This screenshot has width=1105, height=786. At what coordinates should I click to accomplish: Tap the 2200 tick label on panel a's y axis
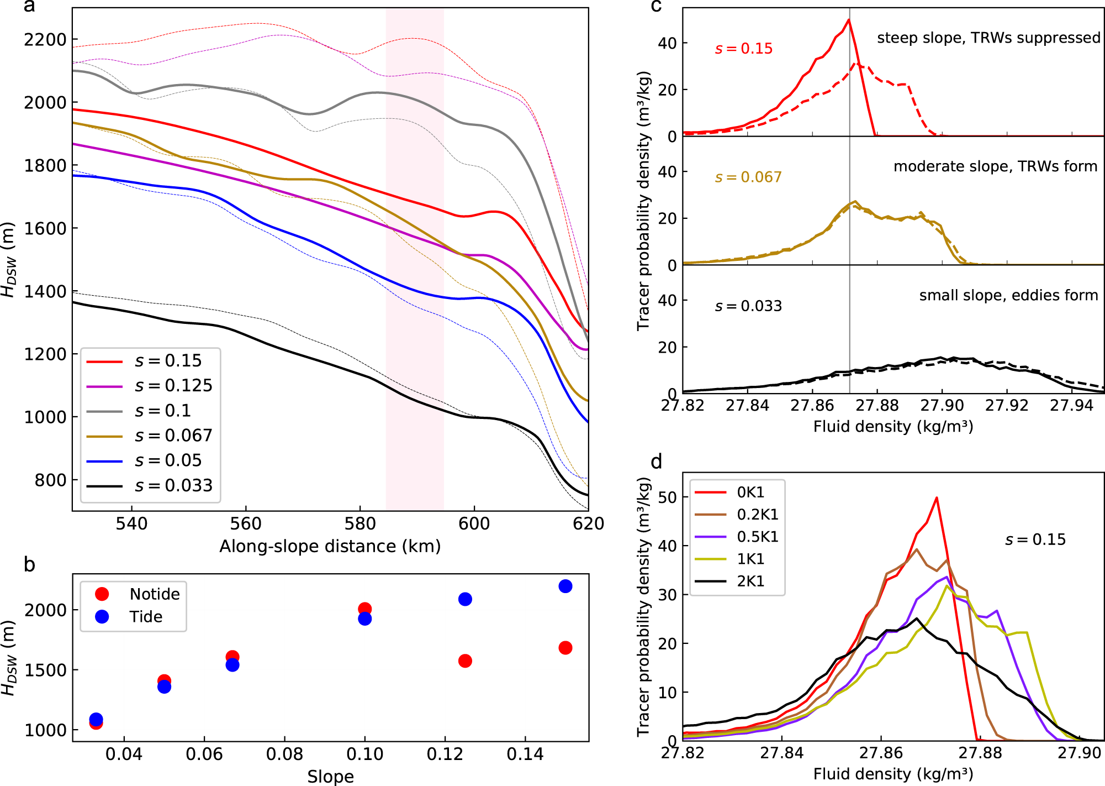(45, 40)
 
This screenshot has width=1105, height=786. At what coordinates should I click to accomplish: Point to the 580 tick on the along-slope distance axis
(359, 523)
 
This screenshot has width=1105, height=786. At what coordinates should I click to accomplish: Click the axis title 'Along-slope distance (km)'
(330, 546)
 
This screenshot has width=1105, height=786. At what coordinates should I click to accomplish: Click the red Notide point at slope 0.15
(565, 648)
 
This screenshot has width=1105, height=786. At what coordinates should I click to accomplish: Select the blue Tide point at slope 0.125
(465, 599)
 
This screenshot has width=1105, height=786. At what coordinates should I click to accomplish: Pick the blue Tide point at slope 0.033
(96, 719)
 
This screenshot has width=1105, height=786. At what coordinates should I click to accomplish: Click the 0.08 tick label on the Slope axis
(284, 754)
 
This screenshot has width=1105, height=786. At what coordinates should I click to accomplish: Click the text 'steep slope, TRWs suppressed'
(988, 38)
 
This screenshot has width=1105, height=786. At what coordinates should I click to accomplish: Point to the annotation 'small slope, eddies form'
(1008, 295)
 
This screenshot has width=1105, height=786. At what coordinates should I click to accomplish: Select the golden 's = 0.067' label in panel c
(748, 177)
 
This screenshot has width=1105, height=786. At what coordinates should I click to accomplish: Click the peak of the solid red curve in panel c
(848, 20)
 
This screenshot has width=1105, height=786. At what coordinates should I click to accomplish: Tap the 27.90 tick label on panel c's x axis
(942, 406)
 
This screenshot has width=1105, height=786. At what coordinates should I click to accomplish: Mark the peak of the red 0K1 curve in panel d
(937, 497)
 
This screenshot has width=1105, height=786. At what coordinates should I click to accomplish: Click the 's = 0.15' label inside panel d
(1035, 539)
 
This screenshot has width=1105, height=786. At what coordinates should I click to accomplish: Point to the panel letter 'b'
(29, 564)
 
